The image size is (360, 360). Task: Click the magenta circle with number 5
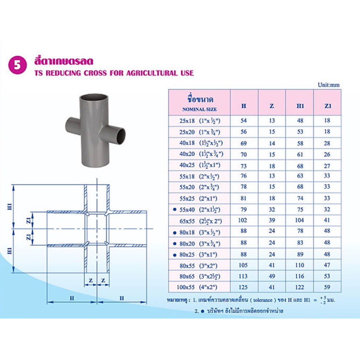pos(18,65)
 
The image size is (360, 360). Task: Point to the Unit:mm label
pos(329,85)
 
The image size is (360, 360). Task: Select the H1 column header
pos(300,106)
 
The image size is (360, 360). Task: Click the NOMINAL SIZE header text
pos(200,109)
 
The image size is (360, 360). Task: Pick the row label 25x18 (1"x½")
pos(200,121)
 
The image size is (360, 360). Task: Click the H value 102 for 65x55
pos(243,220)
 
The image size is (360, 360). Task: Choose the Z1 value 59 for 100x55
pos(327,287)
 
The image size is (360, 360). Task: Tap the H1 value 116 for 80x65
pos(300,276)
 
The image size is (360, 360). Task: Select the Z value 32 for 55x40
pos(272,210)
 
